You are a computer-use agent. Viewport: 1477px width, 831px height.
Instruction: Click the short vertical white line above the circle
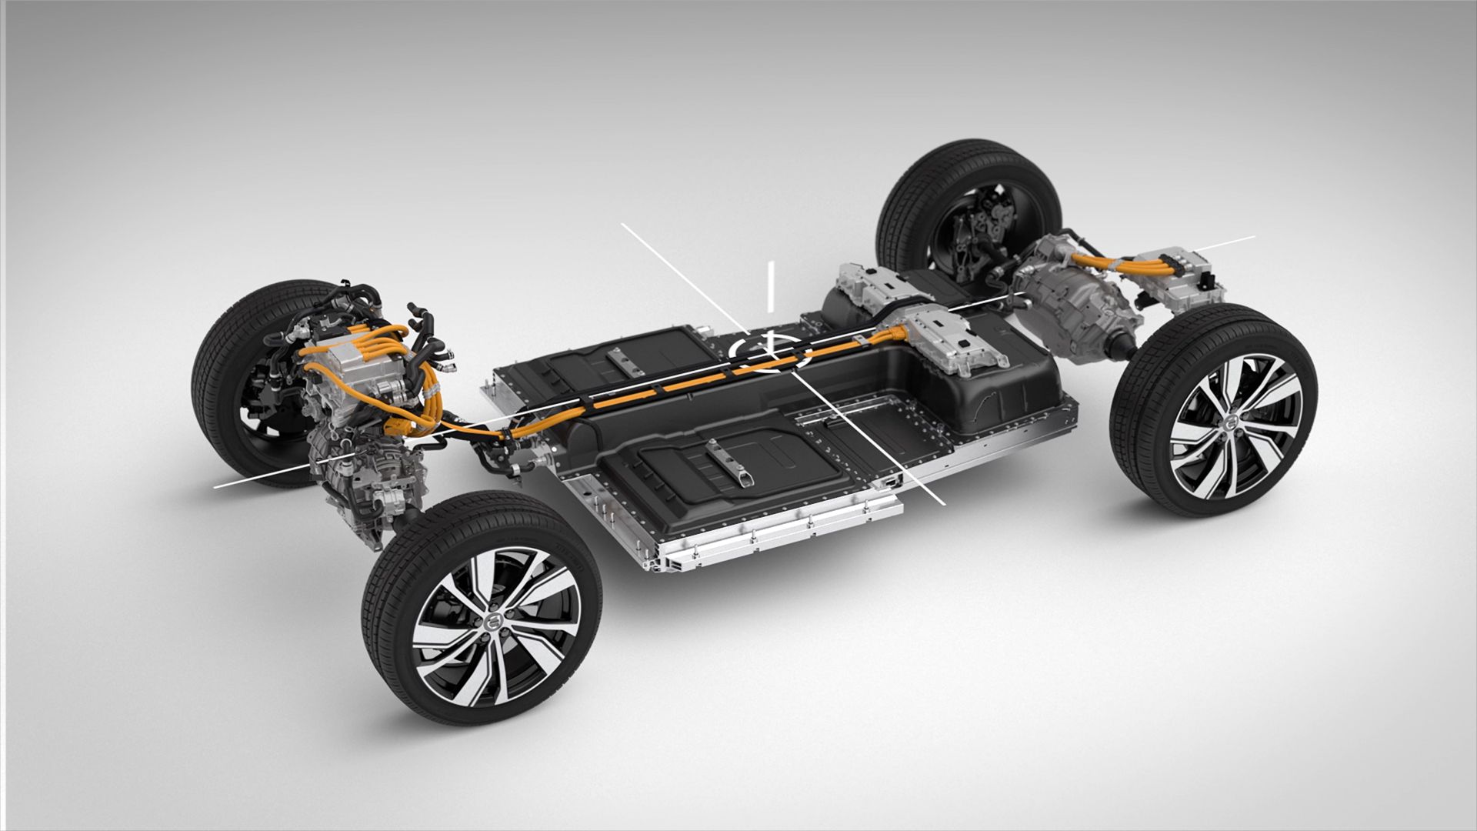769,286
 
